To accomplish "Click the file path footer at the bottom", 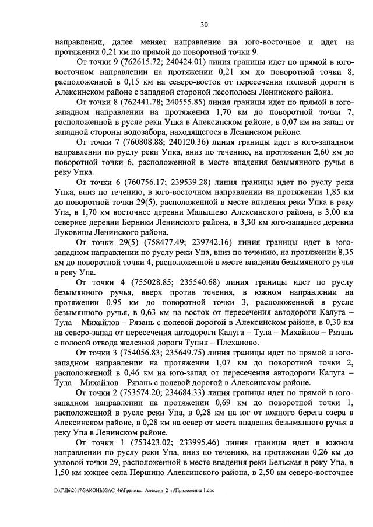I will pyautogui.click(x=135, y=491).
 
